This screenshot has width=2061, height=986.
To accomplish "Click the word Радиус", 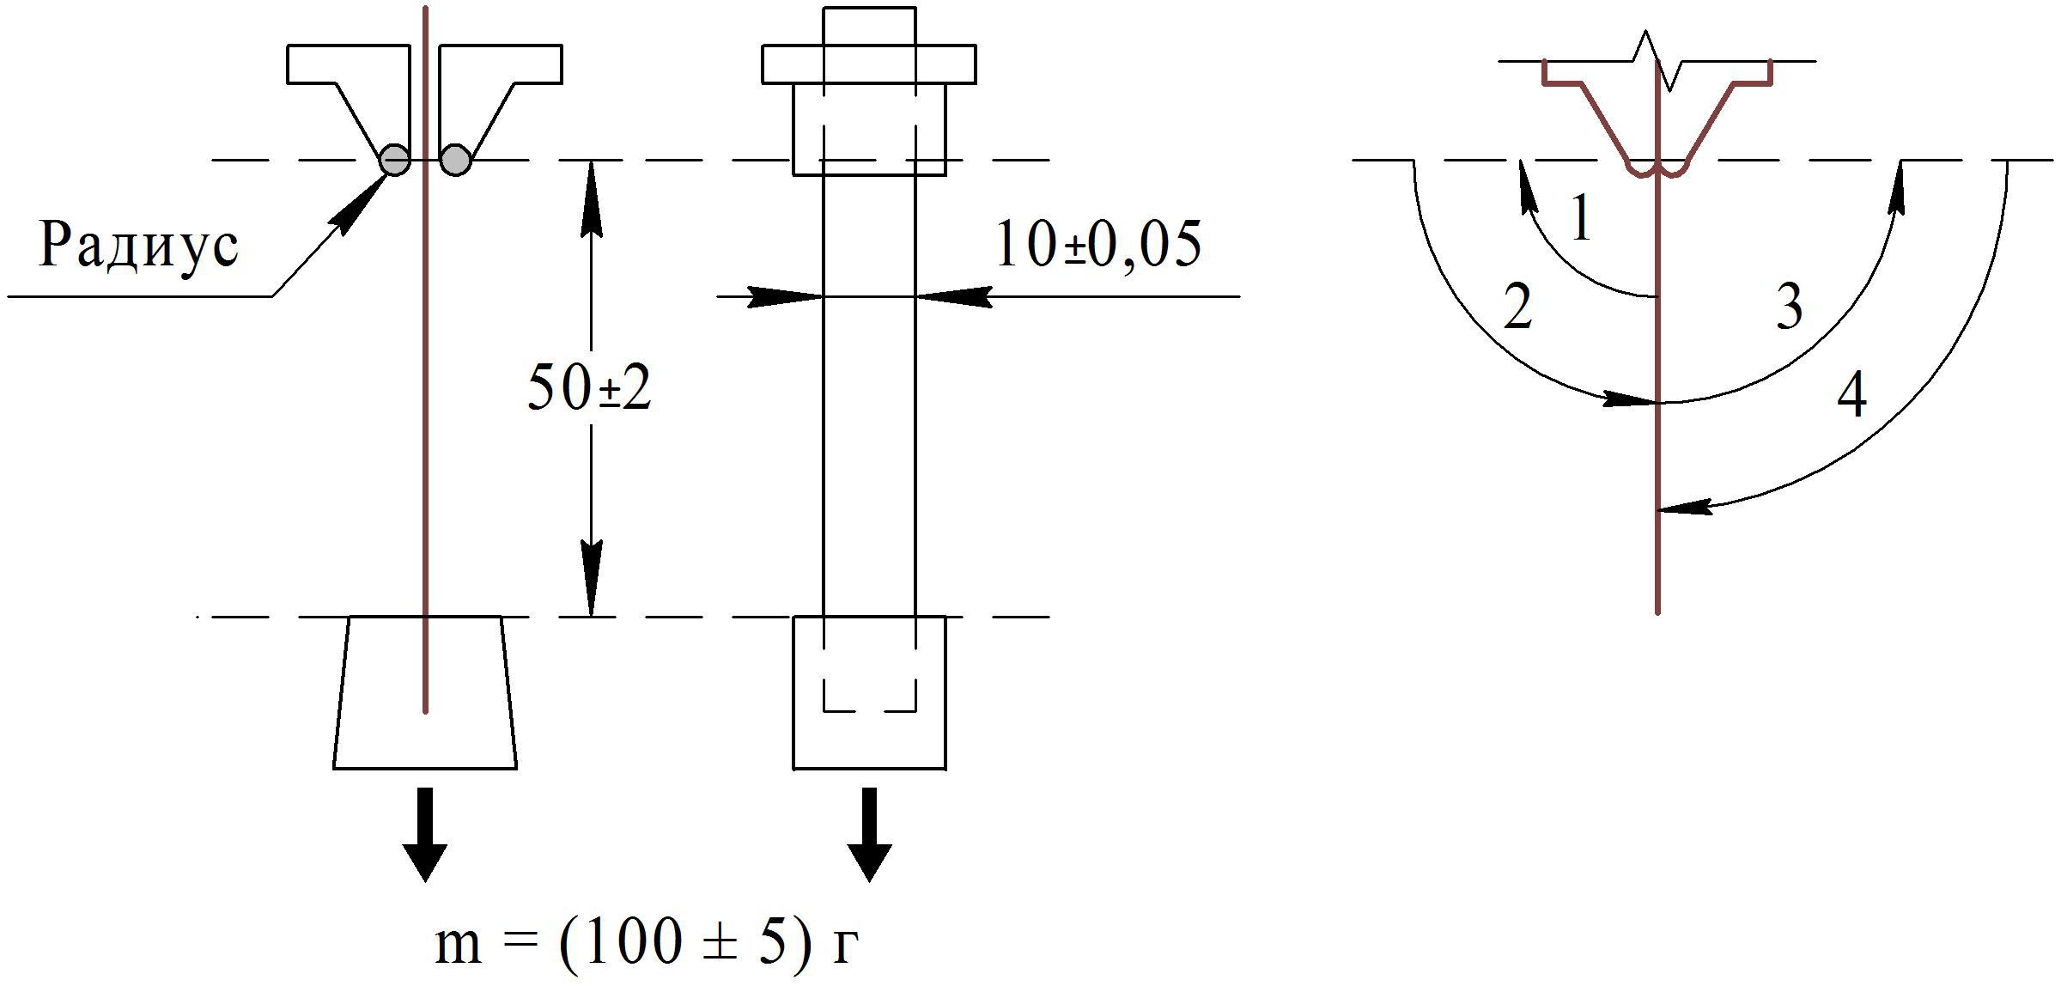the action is tap(138, 246).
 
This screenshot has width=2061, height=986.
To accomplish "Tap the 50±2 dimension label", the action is tap(589, 388).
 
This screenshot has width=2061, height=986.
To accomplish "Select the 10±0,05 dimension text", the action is tap(1098, 245).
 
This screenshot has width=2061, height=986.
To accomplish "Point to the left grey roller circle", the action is tap(396, 160).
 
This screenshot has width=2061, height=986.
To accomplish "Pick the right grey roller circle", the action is tap(455, 160).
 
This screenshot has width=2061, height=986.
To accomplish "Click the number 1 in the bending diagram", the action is tap(1580, 218).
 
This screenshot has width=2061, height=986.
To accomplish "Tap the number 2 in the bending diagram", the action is tap(1518, 307).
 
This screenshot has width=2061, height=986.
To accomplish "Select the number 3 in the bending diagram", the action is tap(1789, 307).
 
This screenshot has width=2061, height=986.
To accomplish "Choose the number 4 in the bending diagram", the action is tap(1851, 396).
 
